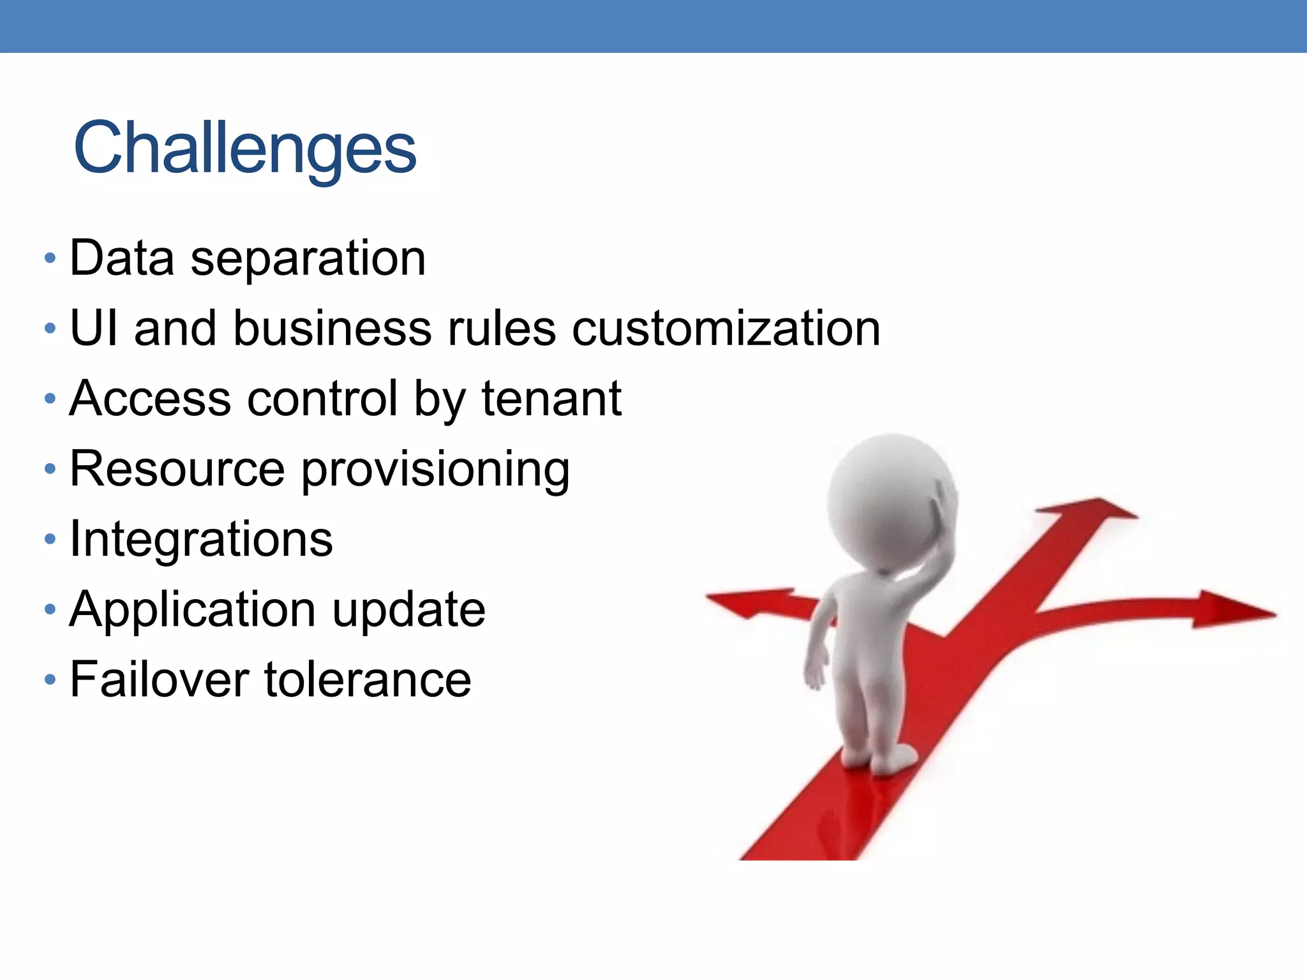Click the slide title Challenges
coord(245,148)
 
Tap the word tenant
coord(551,399)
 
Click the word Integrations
coord(201,539)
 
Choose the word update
coord(409,610)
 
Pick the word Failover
coord(160,679)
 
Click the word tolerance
coord(368,679)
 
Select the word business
coord(332,329)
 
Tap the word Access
coord(150,399)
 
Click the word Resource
coord(177,469)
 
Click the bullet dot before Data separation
coord(50,259)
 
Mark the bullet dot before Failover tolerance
coord(50,679)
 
